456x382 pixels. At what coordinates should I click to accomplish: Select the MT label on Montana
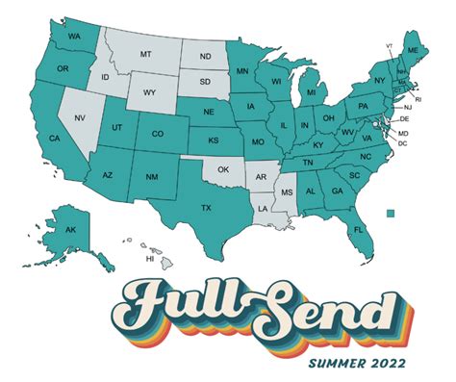point(147,55)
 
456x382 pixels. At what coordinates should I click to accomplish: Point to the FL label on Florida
point(357,231)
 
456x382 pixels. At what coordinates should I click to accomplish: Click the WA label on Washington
point(74,37)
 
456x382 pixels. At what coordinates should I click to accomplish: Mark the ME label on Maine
point(413,48)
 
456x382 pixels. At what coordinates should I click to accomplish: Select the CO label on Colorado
point(158,134)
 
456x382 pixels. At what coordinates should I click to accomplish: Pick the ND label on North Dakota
point(204,57)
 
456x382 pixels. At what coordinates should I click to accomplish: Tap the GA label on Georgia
point(336,191)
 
